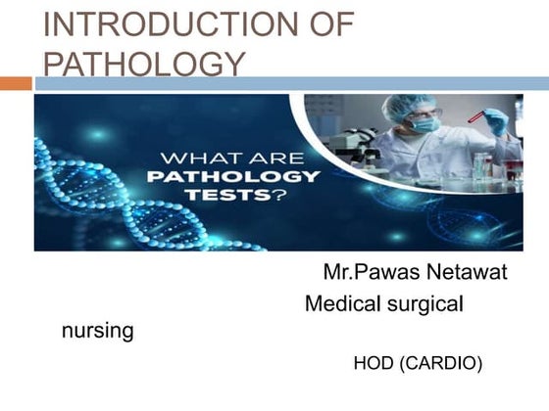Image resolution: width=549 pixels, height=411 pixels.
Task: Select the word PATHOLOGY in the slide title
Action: (144, 65)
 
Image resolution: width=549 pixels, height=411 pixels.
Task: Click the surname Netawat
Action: (469, 272)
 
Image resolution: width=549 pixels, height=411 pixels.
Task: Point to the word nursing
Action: (97, 331)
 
